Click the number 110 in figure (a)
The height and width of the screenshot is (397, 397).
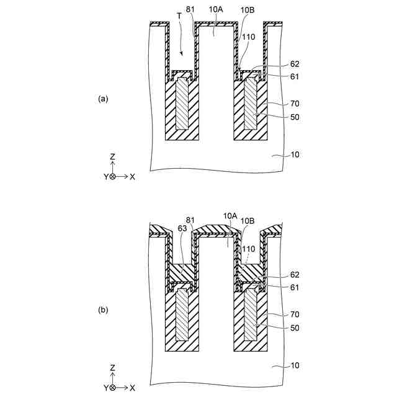248,37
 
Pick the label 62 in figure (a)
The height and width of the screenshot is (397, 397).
295,63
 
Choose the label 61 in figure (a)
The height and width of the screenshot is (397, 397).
295,76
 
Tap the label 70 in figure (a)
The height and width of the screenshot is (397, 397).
295,105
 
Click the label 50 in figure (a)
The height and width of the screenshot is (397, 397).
295,117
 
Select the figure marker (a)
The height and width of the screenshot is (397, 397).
103,98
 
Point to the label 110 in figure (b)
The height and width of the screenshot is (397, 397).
248,248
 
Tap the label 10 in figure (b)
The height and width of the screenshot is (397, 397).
295,366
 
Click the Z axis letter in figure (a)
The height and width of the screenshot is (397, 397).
112,158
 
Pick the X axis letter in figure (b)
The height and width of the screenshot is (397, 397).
133,388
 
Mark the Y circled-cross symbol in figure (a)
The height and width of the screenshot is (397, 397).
112,177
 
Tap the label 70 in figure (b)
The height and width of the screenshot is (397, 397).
295,315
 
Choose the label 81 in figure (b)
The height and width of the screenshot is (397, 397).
190,220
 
